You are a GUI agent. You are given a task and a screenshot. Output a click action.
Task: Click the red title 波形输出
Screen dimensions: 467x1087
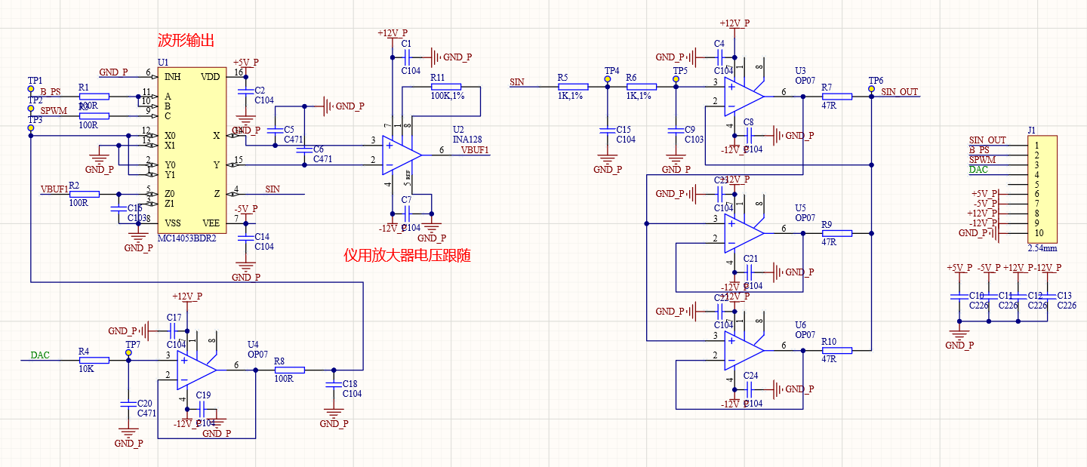(x=185, y=41)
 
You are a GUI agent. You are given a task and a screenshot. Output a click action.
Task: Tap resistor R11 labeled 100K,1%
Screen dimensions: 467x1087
(x=445, y=87)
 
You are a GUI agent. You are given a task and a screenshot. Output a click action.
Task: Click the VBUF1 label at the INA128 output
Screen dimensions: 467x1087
(x=476, y=149)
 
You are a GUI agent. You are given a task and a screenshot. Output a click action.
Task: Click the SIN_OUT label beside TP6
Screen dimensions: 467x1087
(x=900, y=92)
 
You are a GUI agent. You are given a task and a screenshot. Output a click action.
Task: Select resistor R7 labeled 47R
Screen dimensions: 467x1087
(x=836, y=96)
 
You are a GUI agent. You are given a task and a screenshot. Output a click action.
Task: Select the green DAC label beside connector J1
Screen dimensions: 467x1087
(x=978, y=170)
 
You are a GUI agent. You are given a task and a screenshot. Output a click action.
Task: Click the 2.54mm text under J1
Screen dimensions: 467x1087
(x=1042, y=247)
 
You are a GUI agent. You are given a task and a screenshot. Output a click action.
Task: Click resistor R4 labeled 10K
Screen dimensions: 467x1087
(x=94, y=361)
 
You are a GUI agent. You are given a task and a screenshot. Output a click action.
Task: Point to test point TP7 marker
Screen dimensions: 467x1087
(x=129, y=352)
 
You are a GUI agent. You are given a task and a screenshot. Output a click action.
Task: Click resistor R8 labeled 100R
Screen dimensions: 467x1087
(x=289, y=370)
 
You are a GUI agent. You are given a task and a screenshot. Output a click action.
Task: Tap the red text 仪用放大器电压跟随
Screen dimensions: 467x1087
(x=407, y=256)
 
